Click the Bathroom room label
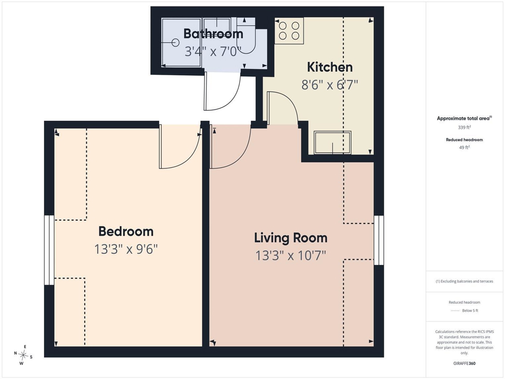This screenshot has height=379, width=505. point(213,33)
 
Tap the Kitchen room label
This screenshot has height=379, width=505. point(330,67)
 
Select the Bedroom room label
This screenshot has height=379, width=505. point(126,231)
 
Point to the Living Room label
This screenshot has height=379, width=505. point(291,238)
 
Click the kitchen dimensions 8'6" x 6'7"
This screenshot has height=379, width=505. point(330,85)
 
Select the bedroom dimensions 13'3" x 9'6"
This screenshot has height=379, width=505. point(126,249)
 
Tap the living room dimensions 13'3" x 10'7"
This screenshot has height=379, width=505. point(291,256)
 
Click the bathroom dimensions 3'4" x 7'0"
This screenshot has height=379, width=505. point(213,51)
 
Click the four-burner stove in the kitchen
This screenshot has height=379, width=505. point(289,31)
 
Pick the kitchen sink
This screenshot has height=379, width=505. point(332,143)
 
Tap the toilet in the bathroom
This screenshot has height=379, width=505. point(246,33)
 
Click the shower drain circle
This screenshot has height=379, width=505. point(176,42)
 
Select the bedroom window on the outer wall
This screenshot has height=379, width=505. point(49,250)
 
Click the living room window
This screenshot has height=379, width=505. point(379,241)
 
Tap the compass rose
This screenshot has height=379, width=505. point(23,355)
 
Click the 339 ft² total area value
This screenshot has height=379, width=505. point(465,127)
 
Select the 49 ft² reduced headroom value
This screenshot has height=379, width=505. point(465,148)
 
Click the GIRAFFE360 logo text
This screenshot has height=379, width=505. point(465,363)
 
